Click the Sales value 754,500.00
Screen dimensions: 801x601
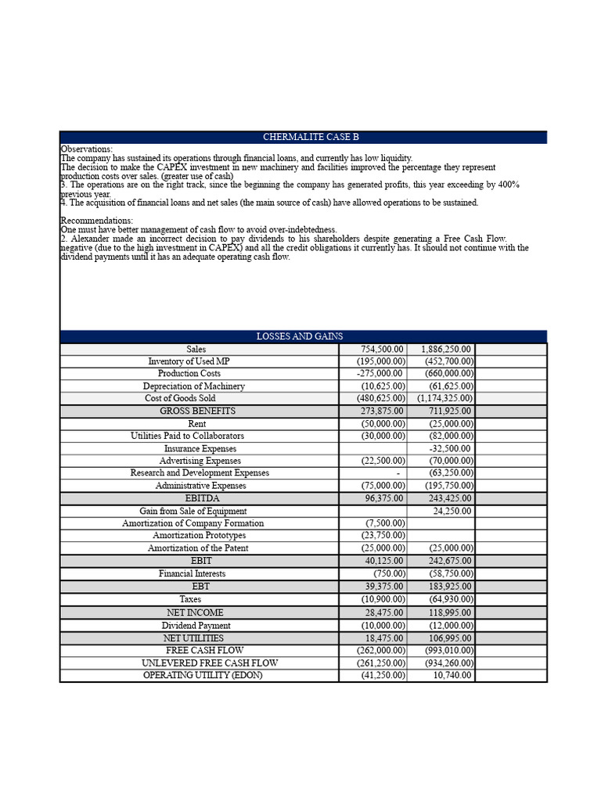382,349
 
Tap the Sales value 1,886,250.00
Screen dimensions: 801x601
446,349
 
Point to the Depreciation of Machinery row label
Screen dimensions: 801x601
193,386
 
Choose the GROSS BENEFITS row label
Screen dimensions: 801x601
197,411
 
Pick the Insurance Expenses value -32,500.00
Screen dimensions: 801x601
450,448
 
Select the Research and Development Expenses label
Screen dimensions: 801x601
200,472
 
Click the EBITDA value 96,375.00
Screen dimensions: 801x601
383,497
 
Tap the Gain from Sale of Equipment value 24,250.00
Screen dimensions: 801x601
452,511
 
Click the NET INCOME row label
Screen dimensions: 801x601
195,612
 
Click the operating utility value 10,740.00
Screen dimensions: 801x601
452,675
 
